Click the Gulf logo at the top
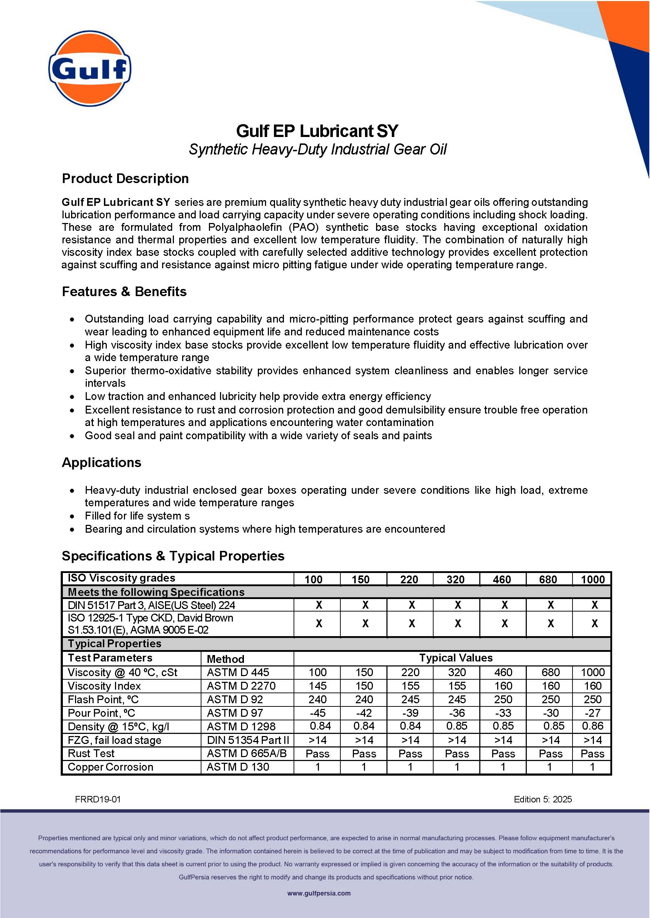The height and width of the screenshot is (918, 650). point(90,69)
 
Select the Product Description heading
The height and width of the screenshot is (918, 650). point(125,178)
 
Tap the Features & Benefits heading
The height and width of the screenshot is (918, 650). point(124,291)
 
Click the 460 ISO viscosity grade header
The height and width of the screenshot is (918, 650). point(502,579)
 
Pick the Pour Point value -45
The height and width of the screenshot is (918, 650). point(317,713)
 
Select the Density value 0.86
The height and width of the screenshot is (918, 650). point(592,726)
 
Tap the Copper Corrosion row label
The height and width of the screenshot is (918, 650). point(110,767)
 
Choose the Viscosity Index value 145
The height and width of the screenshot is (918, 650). point(317,686)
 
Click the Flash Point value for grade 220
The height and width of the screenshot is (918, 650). point(410,699)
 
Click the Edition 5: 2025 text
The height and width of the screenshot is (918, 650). point(543,799)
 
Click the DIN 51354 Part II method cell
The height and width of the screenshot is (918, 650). point(248,740)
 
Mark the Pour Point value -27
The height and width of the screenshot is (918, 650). point(592,713)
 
